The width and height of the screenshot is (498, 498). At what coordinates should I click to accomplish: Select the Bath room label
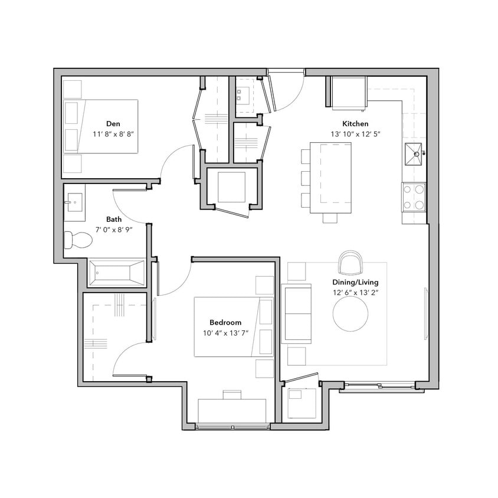click(x=114, y=219)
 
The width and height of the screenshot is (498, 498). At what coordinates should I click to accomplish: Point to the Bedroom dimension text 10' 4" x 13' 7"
click(x=225, y=333)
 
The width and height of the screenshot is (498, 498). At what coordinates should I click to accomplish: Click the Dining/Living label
click(x=356, y=282)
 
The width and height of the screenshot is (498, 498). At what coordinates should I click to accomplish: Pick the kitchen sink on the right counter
click(x=415, y=154)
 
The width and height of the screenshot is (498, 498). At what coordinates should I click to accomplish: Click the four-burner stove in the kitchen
click(x=414, y=197)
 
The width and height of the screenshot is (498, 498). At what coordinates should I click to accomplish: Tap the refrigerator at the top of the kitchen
click(x=348, y=93)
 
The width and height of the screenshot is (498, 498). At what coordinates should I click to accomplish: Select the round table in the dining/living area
click(x=351, y=313)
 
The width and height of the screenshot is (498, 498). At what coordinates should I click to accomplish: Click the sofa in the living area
click(x=297, y=313)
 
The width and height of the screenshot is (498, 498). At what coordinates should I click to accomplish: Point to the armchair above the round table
click(x=352, y=264)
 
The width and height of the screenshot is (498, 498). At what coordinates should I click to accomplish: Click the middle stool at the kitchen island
click(x=305, y=178)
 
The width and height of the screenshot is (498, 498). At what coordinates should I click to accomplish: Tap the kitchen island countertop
click(x=335, y=178)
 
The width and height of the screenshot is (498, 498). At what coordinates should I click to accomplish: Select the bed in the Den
click(x=101, y=126)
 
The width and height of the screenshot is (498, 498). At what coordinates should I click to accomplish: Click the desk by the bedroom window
click(x=231, y=410)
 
